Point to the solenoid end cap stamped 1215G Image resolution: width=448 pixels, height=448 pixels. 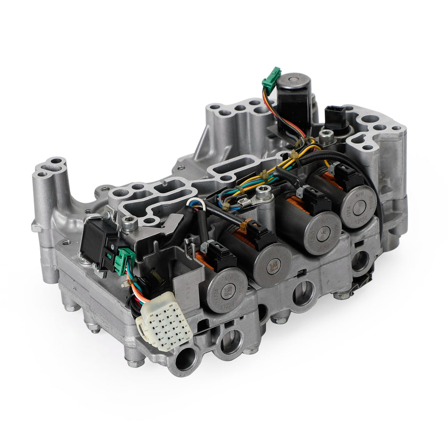362,207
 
